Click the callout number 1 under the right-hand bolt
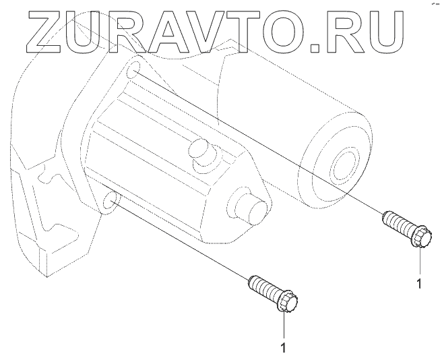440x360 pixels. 419,284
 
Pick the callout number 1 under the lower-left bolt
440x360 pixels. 284,348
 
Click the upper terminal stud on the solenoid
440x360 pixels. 199,149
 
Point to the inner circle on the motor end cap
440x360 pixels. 344,164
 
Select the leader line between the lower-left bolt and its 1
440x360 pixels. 284,326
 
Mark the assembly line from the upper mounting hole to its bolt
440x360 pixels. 256,141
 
